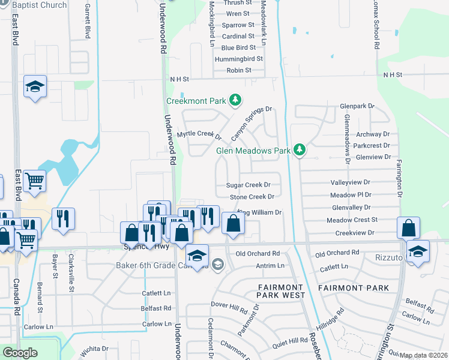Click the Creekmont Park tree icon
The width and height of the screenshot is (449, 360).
236,100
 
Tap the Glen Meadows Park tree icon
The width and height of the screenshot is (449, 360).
299,150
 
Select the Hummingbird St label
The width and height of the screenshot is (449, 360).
242,59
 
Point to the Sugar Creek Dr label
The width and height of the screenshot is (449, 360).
249,185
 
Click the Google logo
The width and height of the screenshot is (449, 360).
20,353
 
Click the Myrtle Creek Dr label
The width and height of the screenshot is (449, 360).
199,134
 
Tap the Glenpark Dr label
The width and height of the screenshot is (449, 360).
357,106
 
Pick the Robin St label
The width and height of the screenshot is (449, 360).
239,71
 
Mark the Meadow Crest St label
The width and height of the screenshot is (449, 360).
352,220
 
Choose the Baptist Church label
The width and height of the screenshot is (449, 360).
39,5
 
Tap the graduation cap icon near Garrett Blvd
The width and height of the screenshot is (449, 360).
35,88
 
